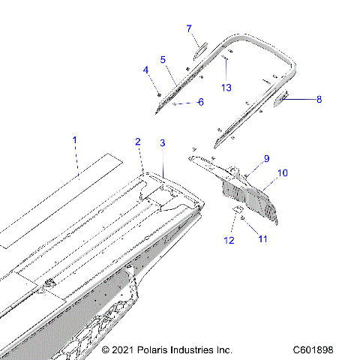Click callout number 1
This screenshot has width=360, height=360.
tap(74, 140)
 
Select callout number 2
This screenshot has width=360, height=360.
tap(138, 142)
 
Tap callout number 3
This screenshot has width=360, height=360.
tap(163, 142)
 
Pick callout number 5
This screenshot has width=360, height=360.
tap(163, 59)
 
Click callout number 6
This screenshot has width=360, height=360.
tap(200, 102)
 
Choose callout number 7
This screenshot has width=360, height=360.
tap(190, 28)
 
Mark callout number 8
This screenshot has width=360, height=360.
tap(319, 99)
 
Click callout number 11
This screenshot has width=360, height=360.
tap(262, 238)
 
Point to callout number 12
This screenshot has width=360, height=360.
tap(229, 240)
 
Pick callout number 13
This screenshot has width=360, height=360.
tap(226, 87)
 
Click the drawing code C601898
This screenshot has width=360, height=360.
tap(324, 350)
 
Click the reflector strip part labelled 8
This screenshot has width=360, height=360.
tap(285, 97)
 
